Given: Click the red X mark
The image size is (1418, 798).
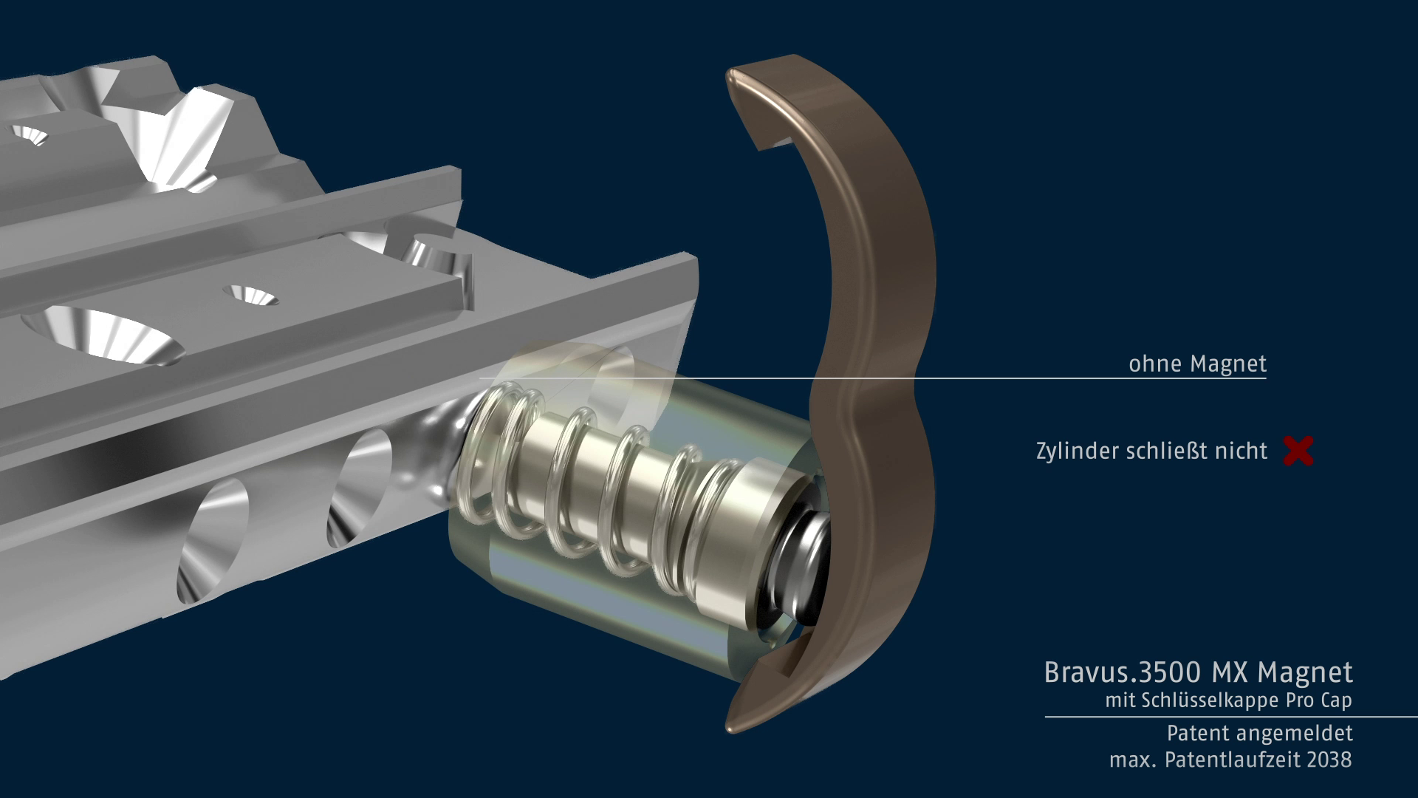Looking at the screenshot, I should point(1298,451).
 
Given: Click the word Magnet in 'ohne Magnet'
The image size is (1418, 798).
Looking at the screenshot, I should point(1228,364).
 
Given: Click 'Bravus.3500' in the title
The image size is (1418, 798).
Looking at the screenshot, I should point(1122,672).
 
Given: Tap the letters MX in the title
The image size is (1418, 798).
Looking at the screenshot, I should point(1230,672).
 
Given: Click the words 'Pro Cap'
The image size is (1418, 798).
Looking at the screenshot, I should point(1318,700).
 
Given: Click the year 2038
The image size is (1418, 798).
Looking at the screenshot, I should point(1329,760).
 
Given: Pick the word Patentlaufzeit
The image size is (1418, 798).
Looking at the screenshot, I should point(1231,760).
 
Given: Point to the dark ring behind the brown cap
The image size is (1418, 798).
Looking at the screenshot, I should point(801,569).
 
